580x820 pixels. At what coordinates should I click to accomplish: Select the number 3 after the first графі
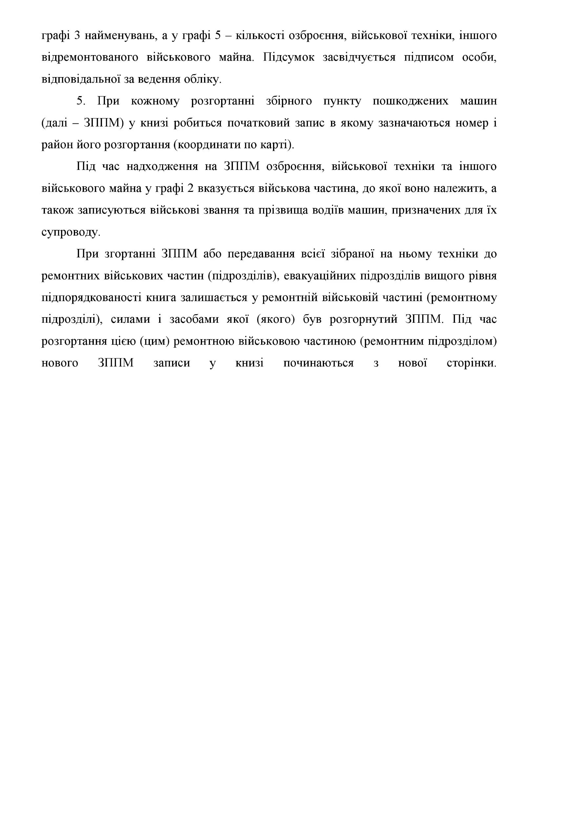(x=77, y=36)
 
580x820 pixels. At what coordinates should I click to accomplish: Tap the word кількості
(x=259, y=36)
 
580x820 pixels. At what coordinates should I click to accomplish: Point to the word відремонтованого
(x=90, y=58)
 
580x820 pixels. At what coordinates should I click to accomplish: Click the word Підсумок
(x=289, y=58)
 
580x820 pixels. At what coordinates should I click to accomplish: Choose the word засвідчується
(x=359, y=58)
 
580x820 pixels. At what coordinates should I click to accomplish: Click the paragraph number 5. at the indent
(x=81, y=101)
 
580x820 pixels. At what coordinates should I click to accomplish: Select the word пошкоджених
(x=410, y=101)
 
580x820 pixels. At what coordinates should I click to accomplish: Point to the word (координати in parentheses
(x=208, y=145)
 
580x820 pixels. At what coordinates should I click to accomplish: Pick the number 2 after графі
(x=190, y=189)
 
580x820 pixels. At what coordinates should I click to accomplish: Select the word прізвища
(x=281, y=210)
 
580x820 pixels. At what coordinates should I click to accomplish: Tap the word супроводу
(x=71, y=233)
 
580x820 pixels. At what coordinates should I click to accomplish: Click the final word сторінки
(x=471, y=363)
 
